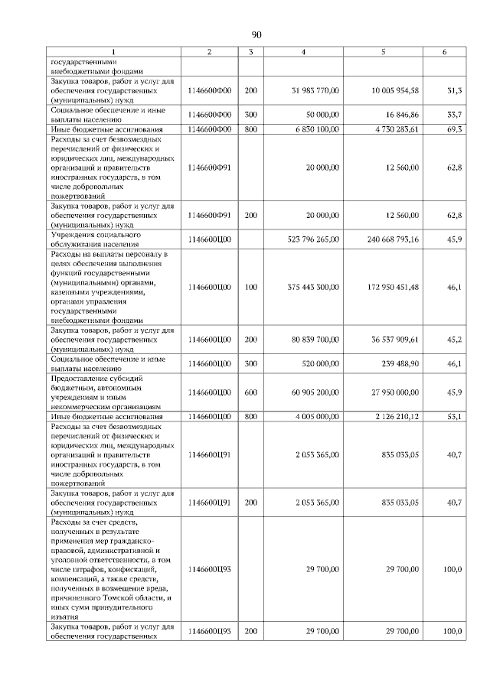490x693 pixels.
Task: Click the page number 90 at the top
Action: click(256, 34)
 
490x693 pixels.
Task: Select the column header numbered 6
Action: click(445, 51)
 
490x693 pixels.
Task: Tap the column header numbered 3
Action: click(250, 51)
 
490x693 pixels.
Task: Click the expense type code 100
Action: click(250, 287)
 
